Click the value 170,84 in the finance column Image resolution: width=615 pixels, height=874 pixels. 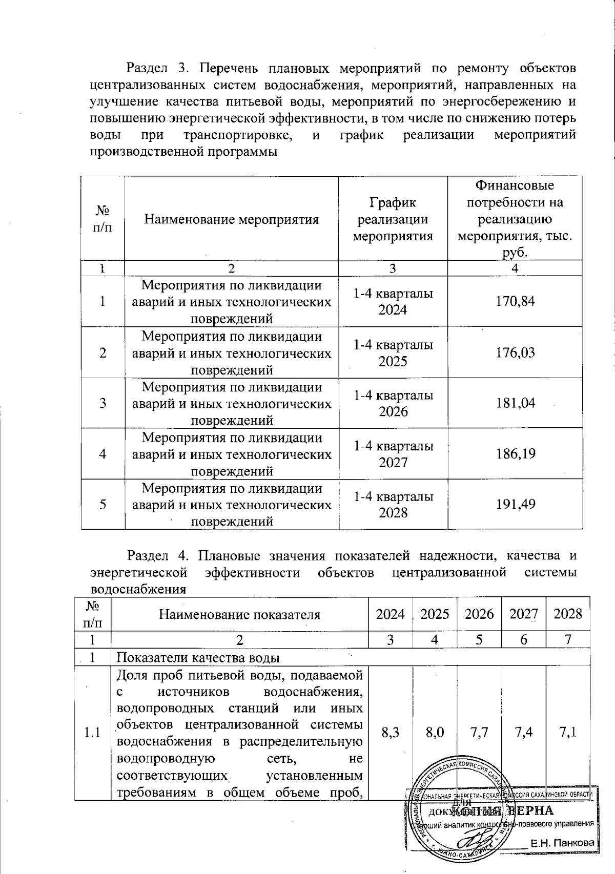pos(515,301)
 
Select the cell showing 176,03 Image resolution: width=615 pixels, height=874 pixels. pos(515,352)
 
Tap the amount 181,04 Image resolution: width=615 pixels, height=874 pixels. pos(515,403)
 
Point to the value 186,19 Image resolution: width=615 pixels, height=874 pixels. pos(515,454)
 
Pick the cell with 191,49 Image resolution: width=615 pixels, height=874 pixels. pos(515,505)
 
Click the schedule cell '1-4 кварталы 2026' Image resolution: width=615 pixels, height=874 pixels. pos(393,403)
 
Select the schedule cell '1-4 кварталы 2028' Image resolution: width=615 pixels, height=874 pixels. pos(393,505)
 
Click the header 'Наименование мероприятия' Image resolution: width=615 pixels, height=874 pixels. pos(231,220)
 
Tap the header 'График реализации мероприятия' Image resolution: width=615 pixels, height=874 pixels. pos(393,220)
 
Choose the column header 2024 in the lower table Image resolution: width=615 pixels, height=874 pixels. pos(391,614)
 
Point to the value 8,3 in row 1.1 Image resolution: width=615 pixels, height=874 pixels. pos(391,733)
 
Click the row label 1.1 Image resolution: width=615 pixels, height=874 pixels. pos(92,733)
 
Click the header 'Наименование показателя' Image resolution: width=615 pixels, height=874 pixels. pos(239,614)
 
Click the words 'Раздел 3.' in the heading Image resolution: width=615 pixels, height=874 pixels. pos(158,68)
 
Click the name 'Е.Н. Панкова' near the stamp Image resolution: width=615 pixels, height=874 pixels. pos(562,843)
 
